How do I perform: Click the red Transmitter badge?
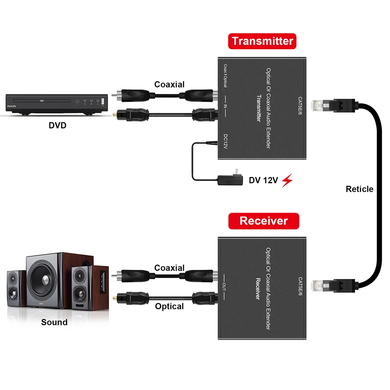pos(262,41)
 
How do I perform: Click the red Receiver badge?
pos(264,221)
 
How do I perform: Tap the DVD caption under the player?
pos(57,125)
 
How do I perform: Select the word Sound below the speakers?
pos(54,322)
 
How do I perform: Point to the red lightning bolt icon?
pos(287,180)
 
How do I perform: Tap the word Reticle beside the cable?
pos(359,189)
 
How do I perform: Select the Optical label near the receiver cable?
pos(169,306)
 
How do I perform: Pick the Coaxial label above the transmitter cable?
pos(169,84)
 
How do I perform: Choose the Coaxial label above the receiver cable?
pos(169,268)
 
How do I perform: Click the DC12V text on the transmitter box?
pos(226,141)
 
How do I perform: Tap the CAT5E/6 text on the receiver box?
pos(300,286)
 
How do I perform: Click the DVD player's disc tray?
pos(42,101)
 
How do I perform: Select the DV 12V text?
pos(263,180)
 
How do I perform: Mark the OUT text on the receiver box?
pos(224,287)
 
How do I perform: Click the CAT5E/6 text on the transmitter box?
pos(300,106)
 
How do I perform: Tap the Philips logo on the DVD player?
pos(11,106)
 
